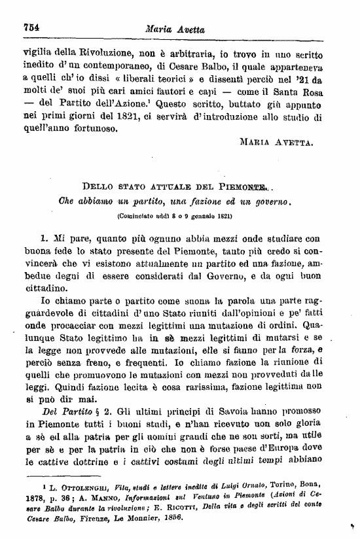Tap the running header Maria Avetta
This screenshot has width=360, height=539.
click(173, 28)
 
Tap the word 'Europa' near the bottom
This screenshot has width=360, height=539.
click(296, 449)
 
